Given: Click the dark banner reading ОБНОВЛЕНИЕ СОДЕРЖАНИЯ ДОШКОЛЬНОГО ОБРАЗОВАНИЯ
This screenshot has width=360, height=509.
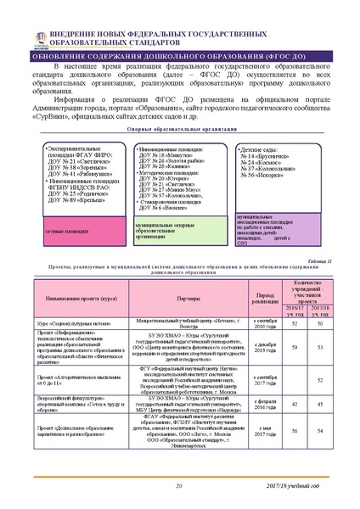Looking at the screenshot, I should pos(179,56).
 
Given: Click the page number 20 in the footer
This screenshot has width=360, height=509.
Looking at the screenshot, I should pos(179,484).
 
